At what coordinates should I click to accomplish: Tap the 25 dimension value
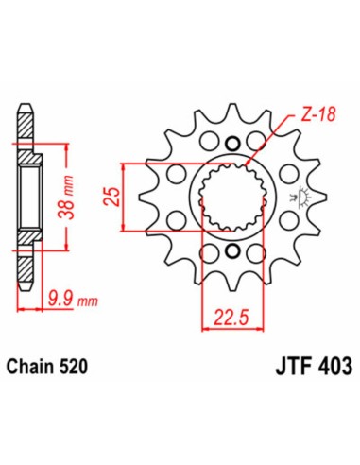click(112, 197)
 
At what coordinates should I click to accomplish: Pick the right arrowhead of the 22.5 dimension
click(260, 329)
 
